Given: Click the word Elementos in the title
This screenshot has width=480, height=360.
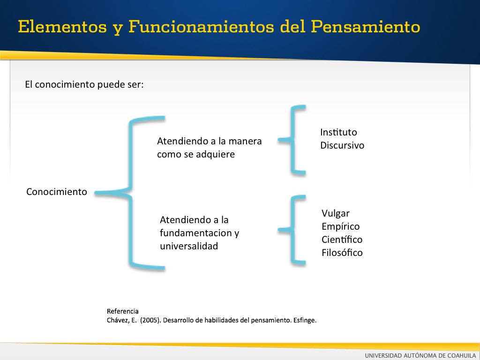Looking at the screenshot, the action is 62,26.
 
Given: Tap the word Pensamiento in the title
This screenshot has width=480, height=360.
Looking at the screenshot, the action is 366,27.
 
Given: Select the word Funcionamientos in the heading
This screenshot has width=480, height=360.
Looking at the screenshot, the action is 202,26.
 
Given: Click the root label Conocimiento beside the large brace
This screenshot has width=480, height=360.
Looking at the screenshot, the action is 57,192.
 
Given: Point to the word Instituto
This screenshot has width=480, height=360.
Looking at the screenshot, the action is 338,132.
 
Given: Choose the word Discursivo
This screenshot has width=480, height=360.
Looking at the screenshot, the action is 342,145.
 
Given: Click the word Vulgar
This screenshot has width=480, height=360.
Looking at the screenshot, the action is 336,213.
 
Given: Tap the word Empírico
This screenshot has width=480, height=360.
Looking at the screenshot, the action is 341,226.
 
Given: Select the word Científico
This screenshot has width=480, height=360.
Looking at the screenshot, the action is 342,240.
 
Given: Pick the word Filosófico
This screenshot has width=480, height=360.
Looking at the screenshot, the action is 342,253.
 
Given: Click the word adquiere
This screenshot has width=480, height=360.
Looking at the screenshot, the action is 215,154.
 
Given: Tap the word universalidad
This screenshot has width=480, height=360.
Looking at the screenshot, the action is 189,246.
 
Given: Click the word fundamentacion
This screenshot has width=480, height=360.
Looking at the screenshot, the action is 196,233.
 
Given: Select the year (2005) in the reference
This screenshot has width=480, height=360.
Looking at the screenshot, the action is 150,320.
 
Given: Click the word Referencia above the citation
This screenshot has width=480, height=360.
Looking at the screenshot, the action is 123,311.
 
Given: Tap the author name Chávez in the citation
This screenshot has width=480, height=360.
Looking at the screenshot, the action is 116,320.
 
